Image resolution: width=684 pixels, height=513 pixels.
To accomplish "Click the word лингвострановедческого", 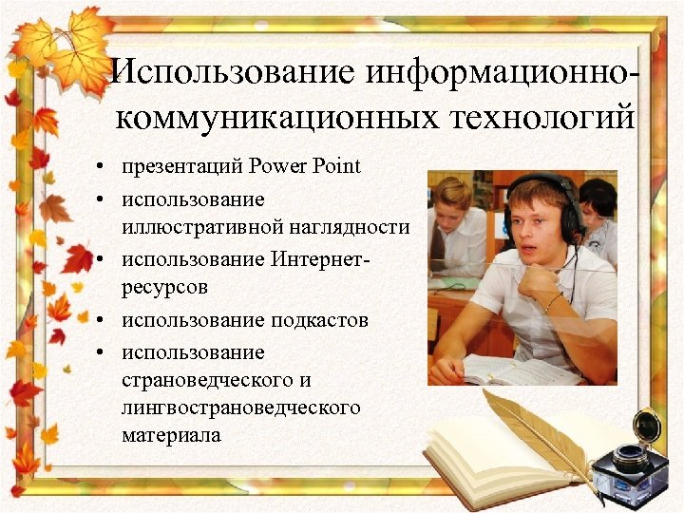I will click(241, 408).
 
